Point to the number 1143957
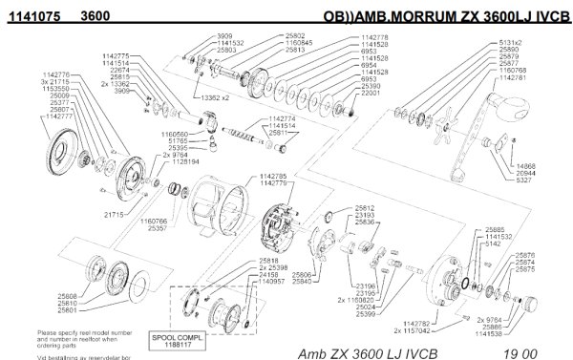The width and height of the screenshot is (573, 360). point(246,283)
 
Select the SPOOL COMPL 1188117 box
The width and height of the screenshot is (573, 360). point(175,341)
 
